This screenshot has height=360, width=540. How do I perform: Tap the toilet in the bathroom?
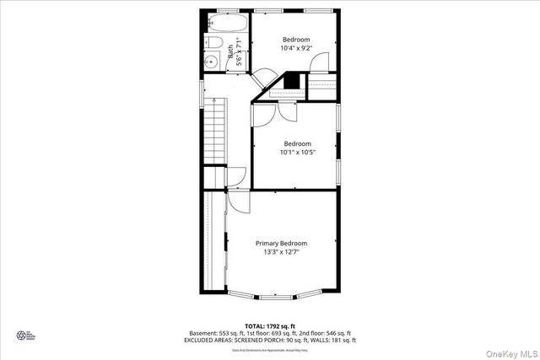pyautogui.click(x=214, y=43)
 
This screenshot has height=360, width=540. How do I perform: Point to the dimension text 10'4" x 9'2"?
pyautogui.click(x=296, y=49)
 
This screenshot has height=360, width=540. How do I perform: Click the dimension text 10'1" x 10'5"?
pyautogui.click(x=297, y=153)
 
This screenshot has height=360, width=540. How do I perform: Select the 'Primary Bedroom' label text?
pyautogui.click(x=282, y=243)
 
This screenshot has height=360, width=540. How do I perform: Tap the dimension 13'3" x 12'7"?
pyautogui.click(x=282, y=252)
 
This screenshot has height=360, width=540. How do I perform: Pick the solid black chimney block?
pyautogui.click(x=292, y=81)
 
